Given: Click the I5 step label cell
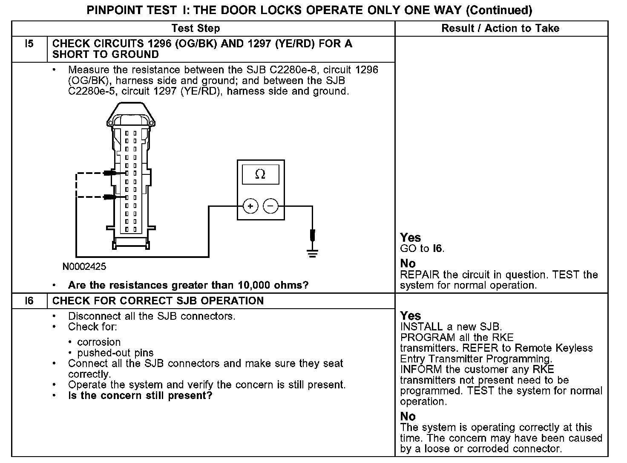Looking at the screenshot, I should pyautogui.click(x=29, y=44).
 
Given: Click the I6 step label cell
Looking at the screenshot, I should pyautogui.click(x=29, y=301).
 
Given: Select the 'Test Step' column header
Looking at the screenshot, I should pyautogui.click(x=196, y=29).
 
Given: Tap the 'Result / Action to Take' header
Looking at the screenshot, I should pyautogui.click(x=500, y=29).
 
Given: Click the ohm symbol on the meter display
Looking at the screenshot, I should pyautogui.click(x=260, y=174).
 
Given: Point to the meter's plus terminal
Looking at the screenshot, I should pyautogui.click(x=250, y=206).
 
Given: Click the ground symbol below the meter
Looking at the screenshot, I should pyautogui.click(x=313, y=255).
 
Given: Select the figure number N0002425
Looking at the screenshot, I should pyautogui.click(x=84, y=267).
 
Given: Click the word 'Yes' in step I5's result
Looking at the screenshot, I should pyautogui.click(x=411, y=238).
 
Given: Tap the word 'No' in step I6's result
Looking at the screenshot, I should pyautogui.click(x=408, y=417).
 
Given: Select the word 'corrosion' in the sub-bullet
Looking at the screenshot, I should pyautogui.click(x=99, y=342).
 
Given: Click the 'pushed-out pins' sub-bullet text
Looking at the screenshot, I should pyautogui.click(x=115, y=353).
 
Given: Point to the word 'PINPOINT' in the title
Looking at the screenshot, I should pyautogui.click(x=113, y=10).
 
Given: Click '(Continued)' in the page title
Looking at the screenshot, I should pyautogui.click(x=499, y=10).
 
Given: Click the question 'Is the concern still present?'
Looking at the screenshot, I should pyautogui.click(x=140, y=396).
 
